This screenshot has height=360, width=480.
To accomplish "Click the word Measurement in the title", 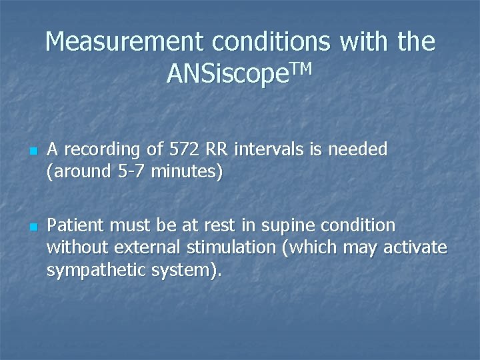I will pyautogui.click(x=123, y=43).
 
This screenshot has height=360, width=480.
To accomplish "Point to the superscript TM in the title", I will pyautogui.click(x=299, y=69).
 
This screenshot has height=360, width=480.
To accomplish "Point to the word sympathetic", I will pyautogui.click(x=89, y=270).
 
